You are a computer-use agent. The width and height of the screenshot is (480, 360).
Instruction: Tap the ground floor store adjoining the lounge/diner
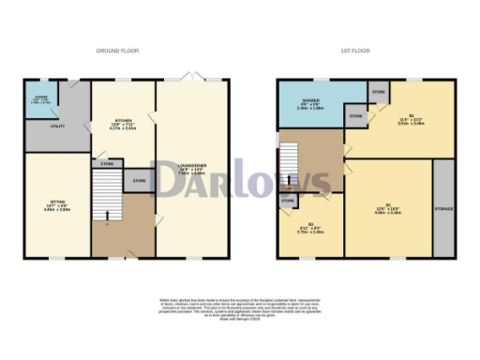tap(138, 181)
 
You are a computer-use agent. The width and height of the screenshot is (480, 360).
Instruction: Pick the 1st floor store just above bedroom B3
tap(288, 201)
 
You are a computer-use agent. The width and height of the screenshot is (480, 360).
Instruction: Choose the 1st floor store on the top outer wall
tap(378, 92)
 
